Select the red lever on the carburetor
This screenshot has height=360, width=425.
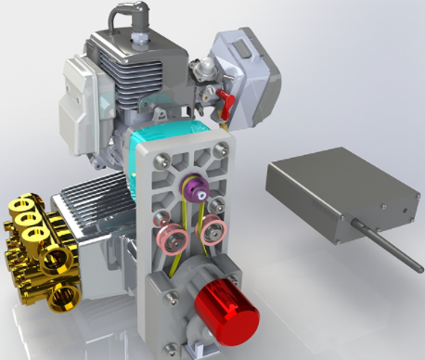coord(223,99)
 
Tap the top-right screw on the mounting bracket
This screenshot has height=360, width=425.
coord(222,148)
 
